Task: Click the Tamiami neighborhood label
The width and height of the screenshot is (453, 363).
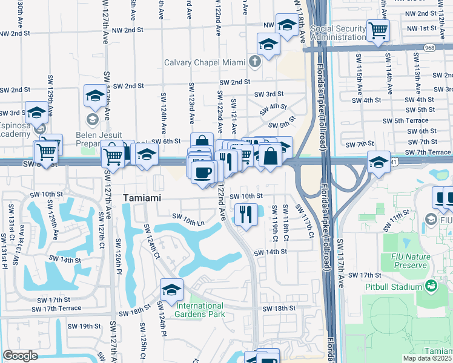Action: tap(142, 198)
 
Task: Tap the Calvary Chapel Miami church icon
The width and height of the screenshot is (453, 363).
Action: tap(255, 62)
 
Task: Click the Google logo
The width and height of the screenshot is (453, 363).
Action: tap(20, 356)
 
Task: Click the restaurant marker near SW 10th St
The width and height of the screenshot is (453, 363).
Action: tap(246, 215)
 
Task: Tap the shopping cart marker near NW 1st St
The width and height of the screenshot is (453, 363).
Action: tap(378, 30)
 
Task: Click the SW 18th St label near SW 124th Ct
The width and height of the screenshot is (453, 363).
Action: tap(134, 312)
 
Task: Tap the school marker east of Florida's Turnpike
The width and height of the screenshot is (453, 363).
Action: tap(379, 162)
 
